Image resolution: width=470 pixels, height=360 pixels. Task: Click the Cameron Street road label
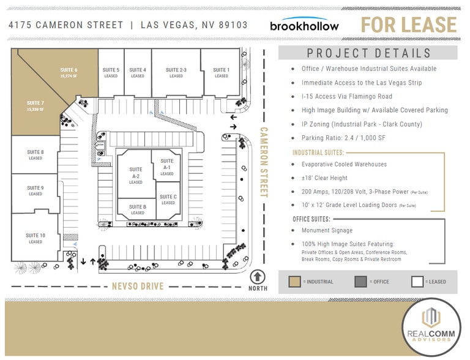click(264, 162)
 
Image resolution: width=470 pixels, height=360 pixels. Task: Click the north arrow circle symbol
click(258, 277)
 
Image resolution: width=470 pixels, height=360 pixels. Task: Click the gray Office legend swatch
click(360, 282)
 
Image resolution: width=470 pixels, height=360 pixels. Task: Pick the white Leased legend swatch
click(418, 282)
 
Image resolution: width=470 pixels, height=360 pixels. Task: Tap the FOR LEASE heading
click(408, 25)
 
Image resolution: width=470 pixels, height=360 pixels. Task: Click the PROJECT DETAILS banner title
click(369, 53)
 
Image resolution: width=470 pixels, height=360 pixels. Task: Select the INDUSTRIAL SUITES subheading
click(318, 152)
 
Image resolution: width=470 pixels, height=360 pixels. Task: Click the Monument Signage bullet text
click(327, 230)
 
